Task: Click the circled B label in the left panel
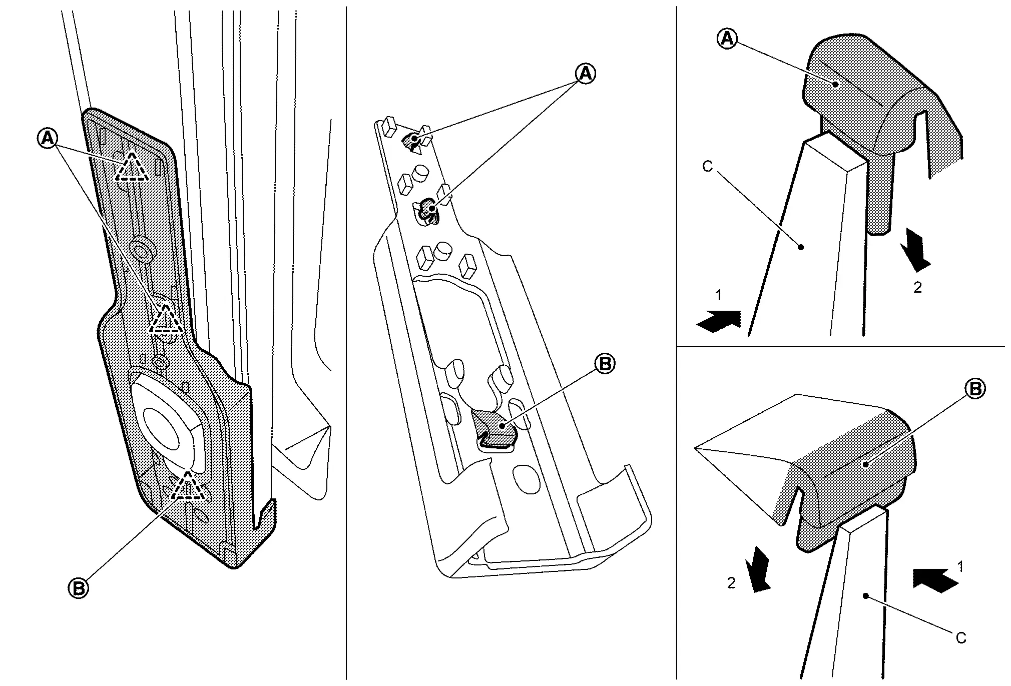pyautogui.click(x=79, y=588)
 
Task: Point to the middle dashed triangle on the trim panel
pyautogui.click(x=166, y=320)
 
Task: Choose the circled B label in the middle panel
pyautogui.click(x=605, y=364)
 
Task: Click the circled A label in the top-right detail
pyautogui.click(x=727, y=39)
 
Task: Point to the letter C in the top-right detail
pyautogui.click(x=707, y=167)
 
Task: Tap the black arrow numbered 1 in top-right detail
pyautogui.click(x=719, y=321)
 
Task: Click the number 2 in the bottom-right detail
pyautogui.click(x=731, y=583)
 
